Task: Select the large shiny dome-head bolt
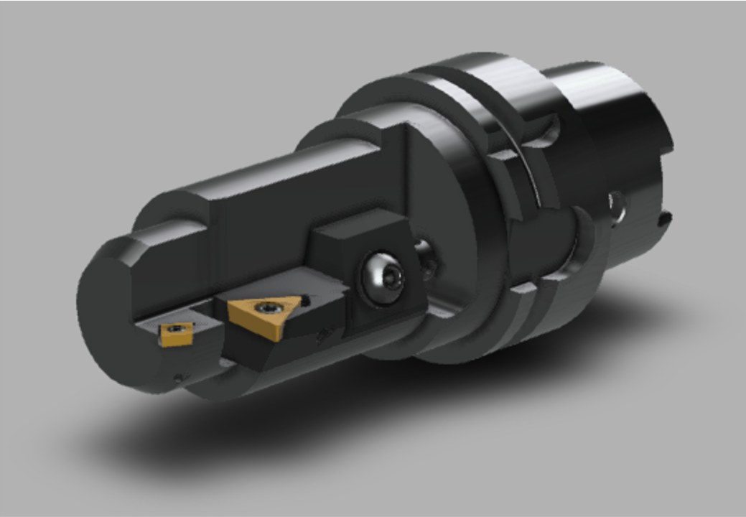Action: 381,276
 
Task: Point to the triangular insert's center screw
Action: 269,308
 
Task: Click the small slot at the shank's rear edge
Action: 666,217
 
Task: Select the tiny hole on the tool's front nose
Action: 180,376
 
